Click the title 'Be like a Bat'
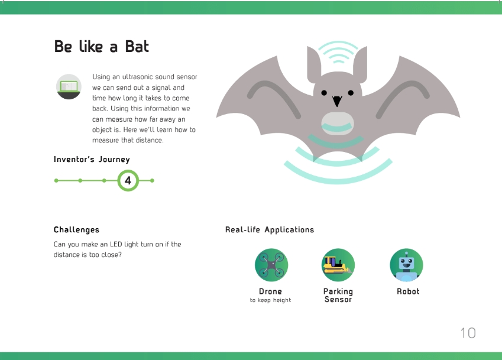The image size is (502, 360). click(x=102, y=46)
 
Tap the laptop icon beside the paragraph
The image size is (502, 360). click(x=69, y=87)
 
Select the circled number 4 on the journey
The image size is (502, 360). click(x=128, y=180)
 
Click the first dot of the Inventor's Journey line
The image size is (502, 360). click(x=56, y=180)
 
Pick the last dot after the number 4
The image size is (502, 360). click(x=152, y=180)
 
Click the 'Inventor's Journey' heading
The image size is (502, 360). click(x=92, y=160)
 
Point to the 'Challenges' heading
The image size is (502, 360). click(x=76, y=230)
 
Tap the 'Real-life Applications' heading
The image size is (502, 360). click(x=270, y=230)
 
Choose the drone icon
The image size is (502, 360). click(x=271, y=265)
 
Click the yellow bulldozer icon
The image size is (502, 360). click(x=338, y=265)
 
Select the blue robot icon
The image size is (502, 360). click(x=407, y=265)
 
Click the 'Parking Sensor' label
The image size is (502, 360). click(x=338, y=296)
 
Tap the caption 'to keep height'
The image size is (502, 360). click(x=271, y=300)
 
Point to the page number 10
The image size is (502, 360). click(x=468, y=333)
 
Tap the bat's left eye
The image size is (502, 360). click(x=324, y=93)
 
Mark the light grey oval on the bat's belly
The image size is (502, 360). click(x=338, y=124)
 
